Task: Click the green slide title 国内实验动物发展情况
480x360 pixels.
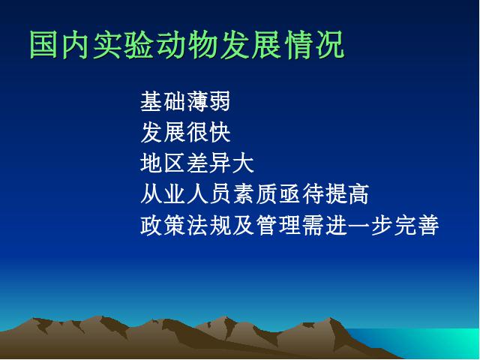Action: (x=187, y=45)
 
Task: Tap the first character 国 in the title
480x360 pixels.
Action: (x=43, y=45)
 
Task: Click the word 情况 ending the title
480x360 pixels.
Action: (x=314, y=45)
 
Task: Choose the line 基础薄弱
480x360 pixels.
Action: (x=185, y=101)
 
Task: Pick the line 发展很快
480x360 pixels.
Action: (x=185, y=132)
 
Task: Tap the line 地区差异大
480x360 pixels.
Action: (x=196, y=163)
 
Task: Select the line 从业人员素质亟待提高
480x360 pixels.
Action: (x=254, y=194)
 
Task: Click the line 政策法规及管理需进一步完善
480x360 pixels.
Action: (x=289, y=225)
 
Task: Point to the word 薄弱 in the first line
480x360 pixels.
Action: (x=208, y=101)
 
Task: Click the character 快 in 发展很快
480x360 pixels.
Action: (x=220, y=132)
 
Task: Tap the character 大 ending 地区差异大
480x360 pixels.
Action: (x=243, y=163)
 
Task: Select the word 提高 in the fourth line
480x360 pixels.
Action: (x=346, y=194)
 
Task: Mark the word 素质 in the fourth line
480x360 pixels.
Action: (x=254, y=194)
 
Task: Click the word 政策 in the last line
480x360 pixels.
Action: (x=163, y=225)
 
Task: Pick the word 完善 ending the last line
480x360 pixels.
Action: (x=417, y=225)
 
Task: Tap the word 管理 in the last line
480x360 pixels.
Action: (x=277, y=225)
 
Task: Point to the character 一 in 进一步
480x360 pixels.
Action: (x=358, y=226)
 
